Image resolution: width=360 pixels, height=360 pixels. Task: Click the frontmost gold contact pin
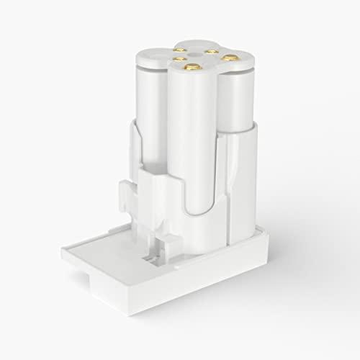(x=190, y=67)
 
